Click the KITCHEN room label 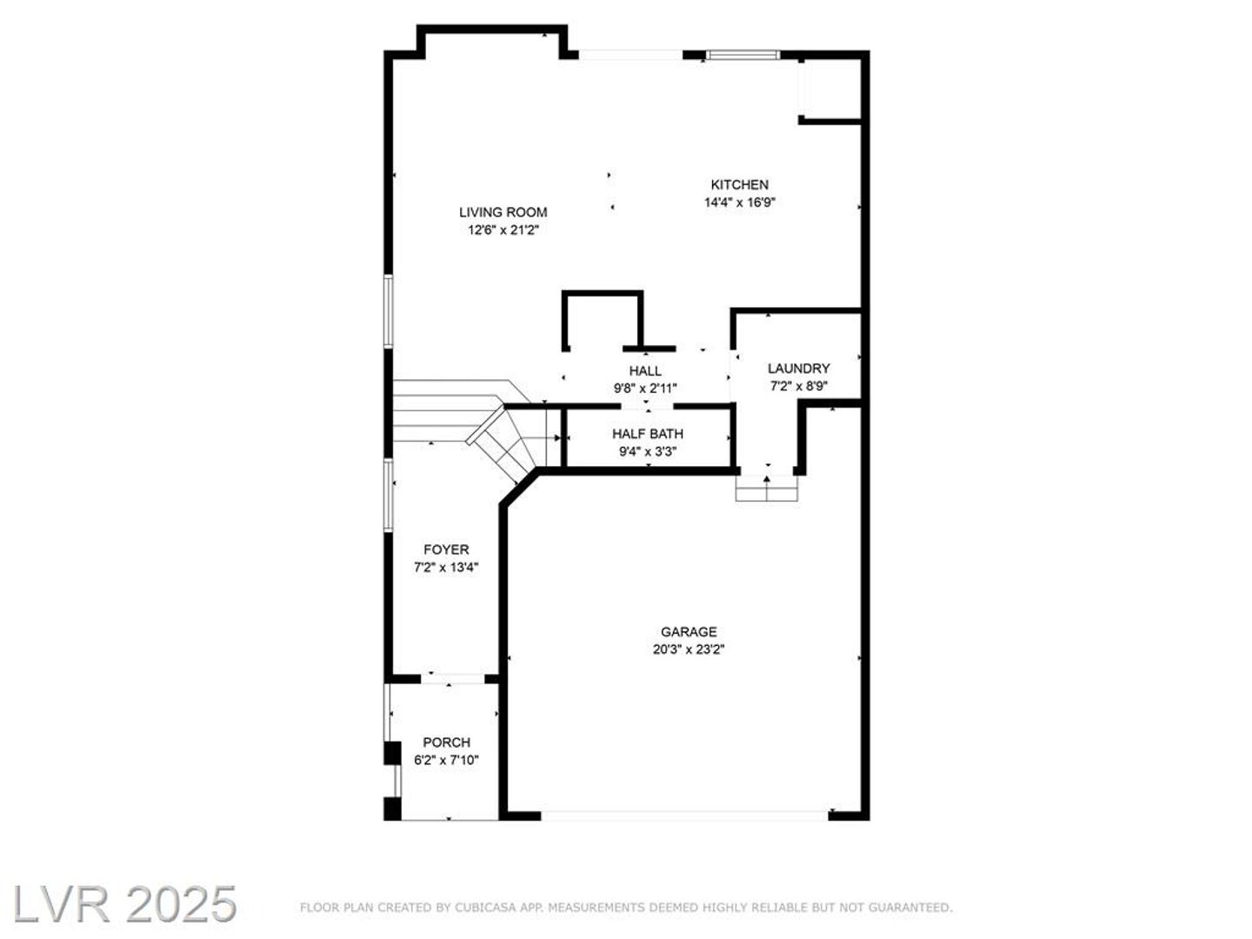click(x=739, y=184)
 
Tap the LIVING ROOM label click(x=503, y=212)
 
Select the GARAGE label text click(x=689, y=632)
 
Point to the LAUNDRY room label click(x=798, y=369)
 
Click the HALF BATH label click(x=648, y=434)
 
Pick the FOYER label click(x=446, y=549)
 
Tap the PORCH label click(x=447, y=743)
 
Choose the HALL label click(x=645, y=371)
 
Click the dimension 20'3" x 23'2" click(x=689, y=649)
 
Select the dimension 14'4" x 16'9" click(x=740, y=203)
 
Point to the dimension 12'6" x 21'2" click(x=503, y=230)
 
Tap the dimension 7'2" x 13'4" click(x=446, y=567)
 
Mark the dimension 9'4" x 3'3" click(x=648, y=451)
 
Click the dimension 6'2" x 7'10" click(x=447, y=760)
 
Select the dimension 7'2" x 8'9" click(x=798, y=386)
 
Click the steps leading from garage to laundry click(x=767, y=488)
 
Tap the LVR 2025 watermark click(x=124, y=905)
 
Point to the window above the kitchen click(x=743, y=55)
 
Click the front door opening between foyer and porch click(x=453, y=678)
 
